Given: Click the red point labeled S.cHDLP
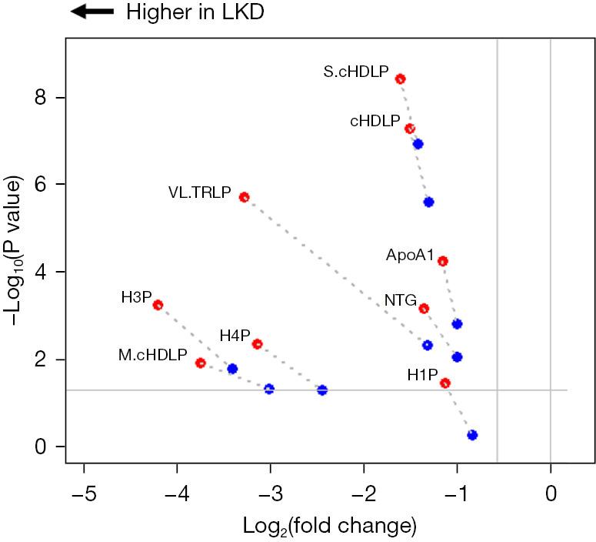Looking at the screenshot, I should (400, 79).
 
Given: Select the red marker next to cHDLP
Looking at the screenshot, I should (410, 129).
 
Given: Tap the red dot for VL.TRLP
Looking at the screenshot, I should (244, 197).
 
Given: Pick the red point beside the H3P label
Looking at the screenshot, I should (158, 305).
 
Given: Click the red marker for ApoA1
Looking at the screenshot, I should (443, 261).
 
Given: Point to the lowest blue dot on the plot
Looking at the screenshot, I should (472, 435).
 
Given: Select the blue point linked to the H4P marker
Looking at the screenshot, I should (322, 390).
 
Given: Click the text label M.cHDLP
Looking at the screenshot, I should (152, 355).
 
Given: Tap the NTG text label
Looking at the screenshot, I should (401, 300).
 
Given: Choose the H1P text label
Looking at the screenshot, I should (422, 375).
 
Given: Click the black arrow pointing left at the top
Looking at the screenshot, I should (92, 12).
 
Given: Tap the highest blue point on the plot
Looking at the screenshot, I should (418, 144).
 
